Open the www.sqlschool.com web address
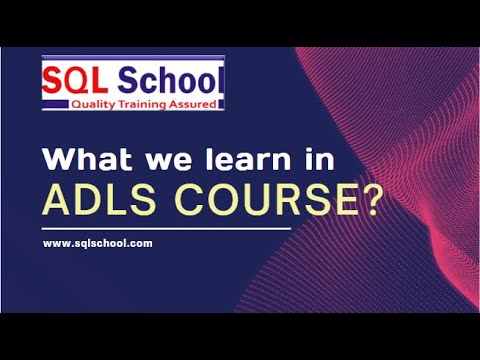(x=97, y=244)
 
